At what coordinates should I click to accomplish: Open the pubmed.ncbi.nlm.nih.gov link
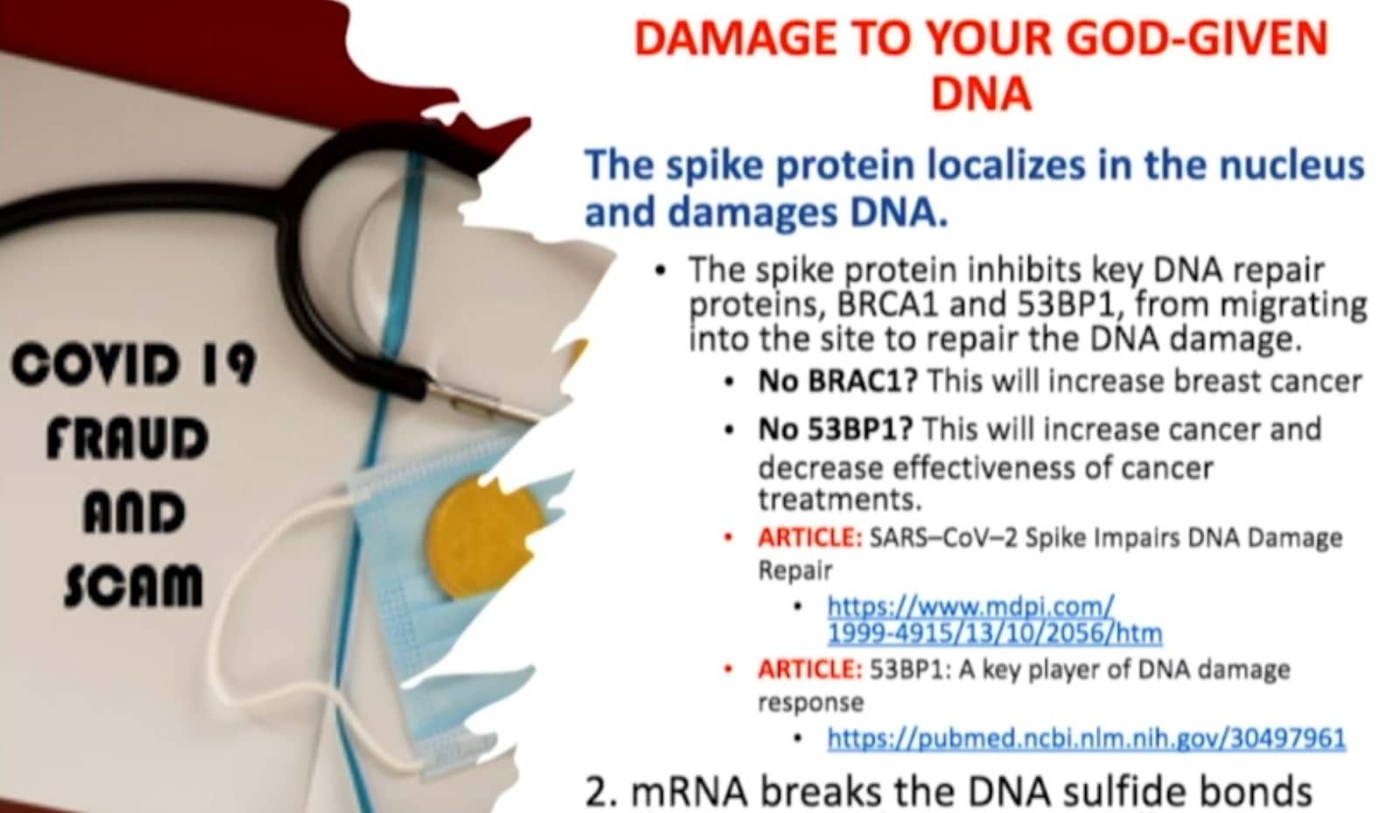1086,737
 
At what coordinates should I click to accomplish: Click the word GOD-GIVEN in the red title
1198,39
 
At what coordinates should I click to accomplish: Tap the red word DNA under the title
982,95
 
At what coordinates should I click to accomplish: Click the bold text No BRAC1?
837,382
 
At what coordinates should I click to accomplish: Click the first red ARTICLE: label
809,538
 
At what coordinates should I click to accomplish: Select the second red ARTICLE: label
809,669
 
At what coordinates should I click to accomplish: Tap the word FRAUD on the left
128,438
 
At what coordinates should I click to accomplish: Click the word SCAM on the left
133,585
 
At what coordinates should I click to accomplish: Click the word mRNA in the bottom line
690,793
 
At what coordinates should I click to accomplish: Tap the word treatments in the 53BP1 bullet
839,500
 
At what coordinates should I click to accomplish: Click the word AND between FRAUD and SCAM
134,513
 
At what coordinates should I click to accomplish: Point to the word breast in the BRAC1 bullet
1220,382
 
